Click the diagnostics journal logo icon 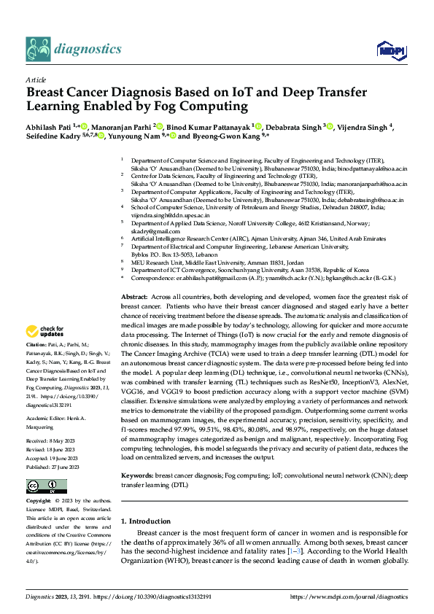pos(39,49)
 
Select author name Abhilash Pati pos(47,126)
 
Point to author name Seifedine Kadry pos(51,136)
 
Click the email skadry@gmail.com pos(150,230)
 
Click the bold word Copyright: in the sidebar pos(39,482)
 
